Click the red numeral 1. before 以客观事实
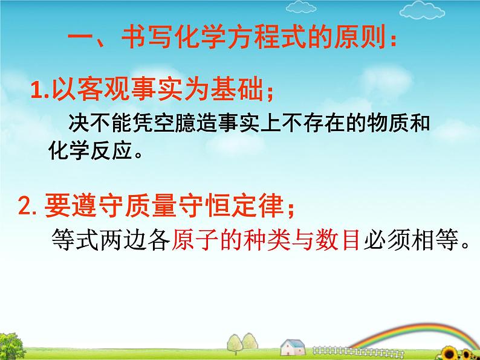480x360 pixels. click(40, 90)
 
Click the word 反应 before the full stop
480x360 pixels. click(112, 150)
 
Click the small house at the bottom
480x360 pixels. click(293, 347)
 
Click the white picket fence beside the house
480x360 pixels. click(357, 352)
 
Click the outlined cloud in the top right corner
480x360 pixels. click(422, 10)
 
